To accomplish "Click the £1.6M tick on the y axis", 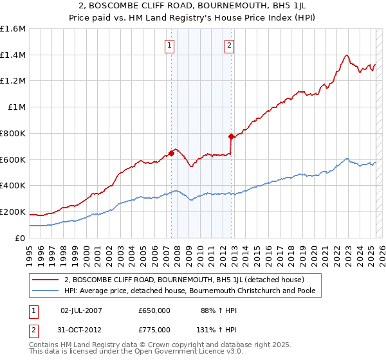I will (13, 29).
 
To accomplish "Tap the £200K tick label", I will (13, 212).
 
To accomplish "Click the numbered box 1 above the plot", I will (169, 45).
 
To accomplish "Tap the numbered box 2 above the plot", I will (230, 45).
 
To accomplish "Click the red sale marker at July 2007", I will (171, 153).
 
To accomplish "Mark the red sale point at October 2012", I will (232, 136).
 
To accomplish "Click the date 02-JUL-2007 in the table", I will (81, 310).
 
